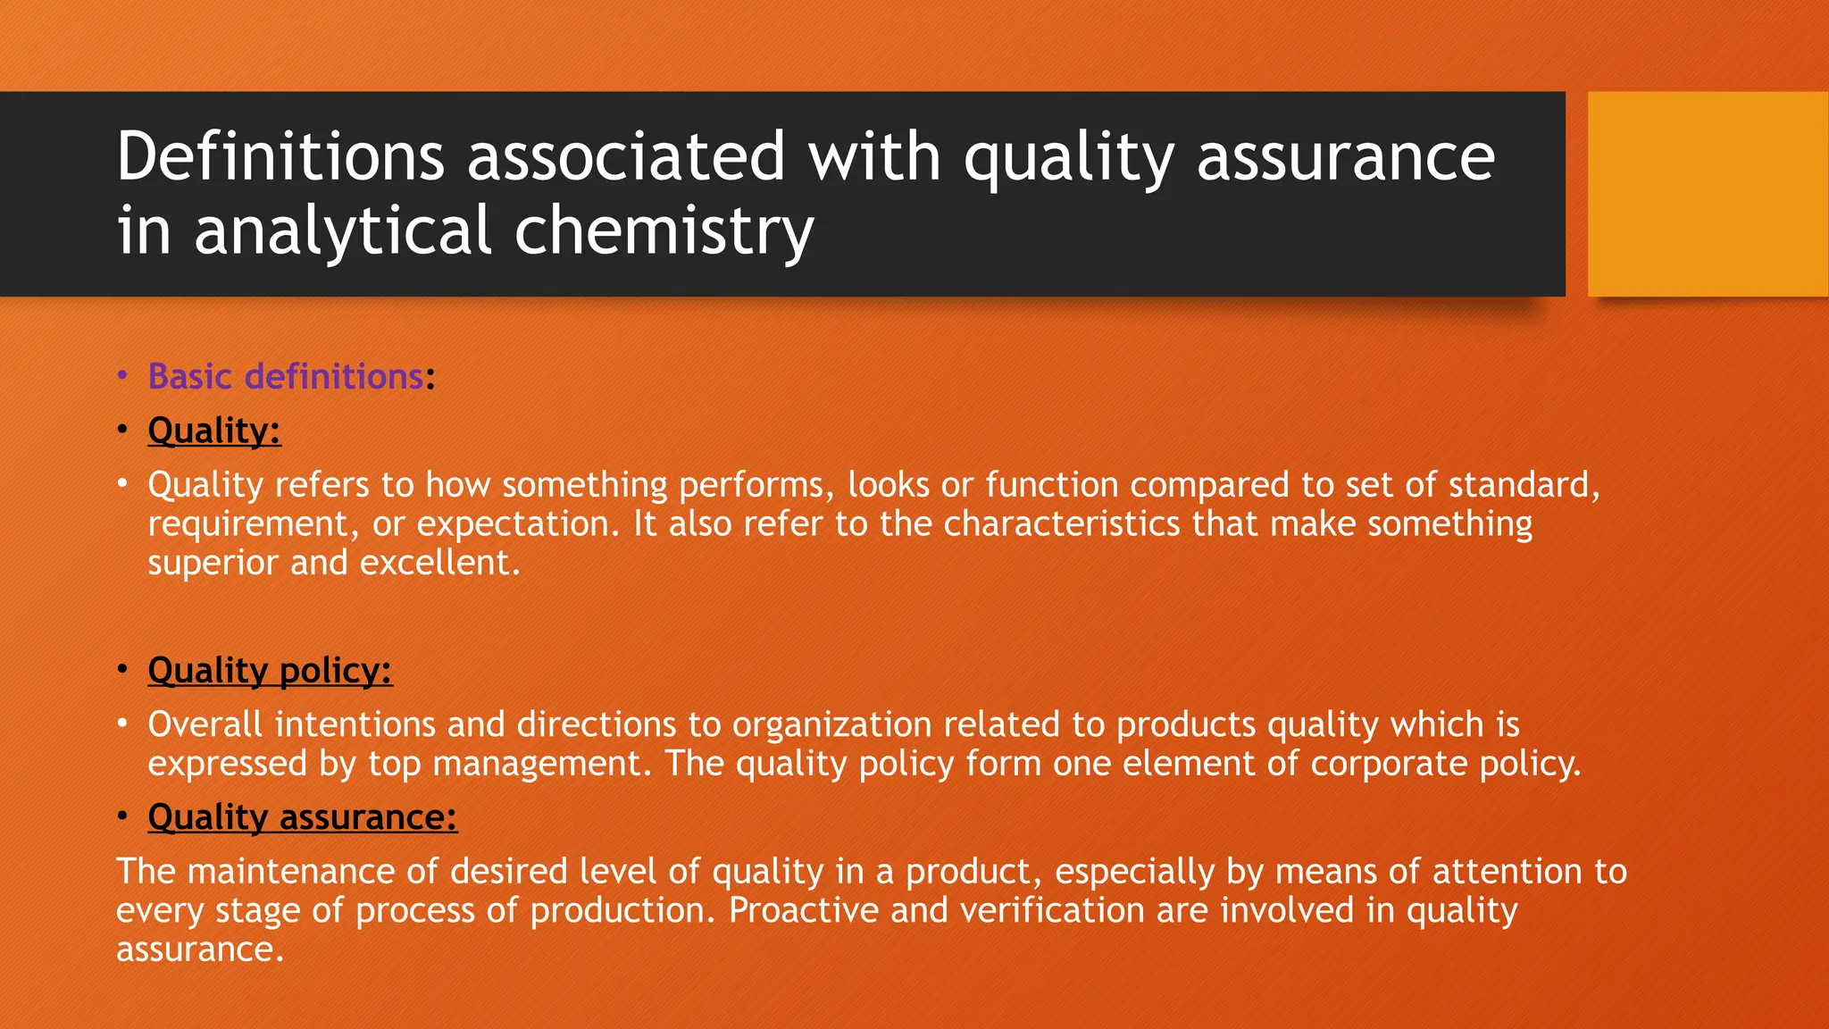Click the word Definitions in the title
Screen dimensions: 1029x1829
(280, 157)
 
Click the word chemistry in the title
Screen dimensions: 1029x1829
(664, 231)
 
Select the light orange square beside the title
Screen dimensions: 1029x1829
(1707, 194)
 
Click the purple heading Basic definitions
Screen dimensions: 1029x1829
(285, 377)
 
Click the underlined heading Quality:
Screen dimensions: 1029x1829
(214, 431)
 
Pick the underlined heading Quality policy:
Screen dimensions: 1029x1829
(270, 671)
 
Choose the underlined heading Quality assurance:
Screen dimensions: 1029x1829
(302, 817)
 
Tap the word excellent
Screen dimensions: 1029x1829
(439, 563)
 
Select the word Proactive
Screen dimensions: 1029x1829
(803, 910)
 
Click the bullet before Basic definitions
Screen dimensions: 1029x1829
(123, 377)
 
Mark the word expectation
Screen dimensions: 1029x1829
(517, 524)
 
